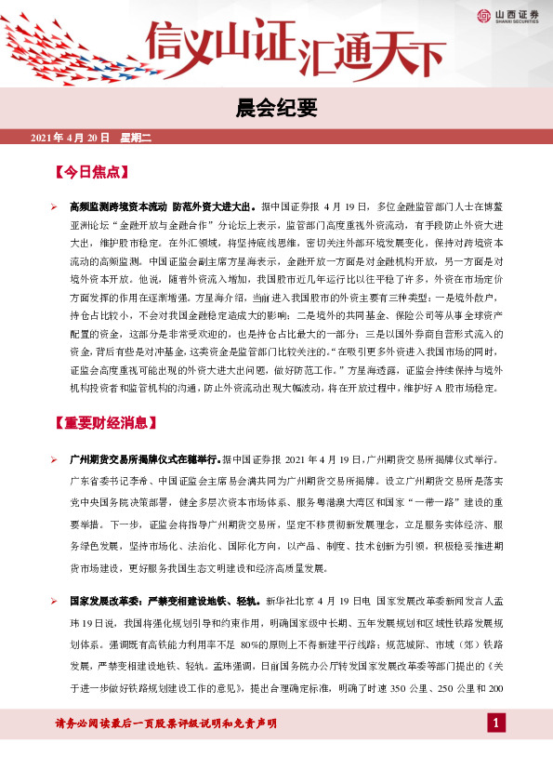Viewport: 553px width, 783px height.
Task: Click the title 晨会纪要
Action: coord(276,106)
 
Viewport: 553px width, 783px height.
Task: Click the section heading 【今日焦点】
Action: coord(90,173)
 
